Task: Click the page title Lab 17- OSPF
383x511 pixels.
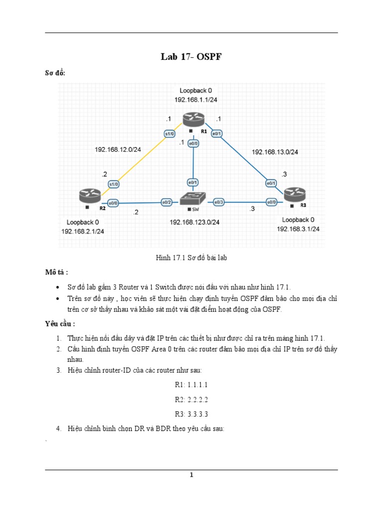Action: click(x=191, y=57)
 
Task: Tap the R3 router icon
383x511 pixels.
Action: click(x=295, y=194)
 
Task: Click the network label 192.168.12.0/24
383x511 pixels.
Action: click(x=118, y=149)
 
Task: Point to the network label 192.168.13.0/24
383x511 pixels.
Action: click(x=275, y=152)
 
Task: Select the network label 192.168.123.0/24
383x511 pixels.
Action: click(x=194, y=222)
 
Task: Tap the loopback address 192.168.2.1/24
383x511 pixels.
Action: click(x=83, y=231)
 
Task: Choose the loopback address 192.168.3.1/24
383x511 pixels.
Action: click(x=298, y=229)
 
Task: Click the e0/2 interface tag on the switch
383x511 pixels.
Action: click(x=167, y=202)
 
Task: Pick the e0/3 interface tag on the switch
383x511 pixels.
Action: click(x=219, y=202)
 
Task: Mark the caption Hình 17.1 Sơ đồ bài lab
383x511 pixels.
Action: click(x=191, y=258)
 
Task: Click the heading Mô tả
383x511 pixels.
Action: click(x=56, y=272)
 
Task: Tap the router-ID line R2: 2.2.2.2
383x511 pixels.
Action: click(x=191, y=400)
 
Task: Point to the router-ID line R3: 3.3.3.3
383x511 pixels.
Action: click(x=191, y=414)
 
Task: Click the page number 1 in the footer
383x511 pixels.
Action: click(x=191, y=475)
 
